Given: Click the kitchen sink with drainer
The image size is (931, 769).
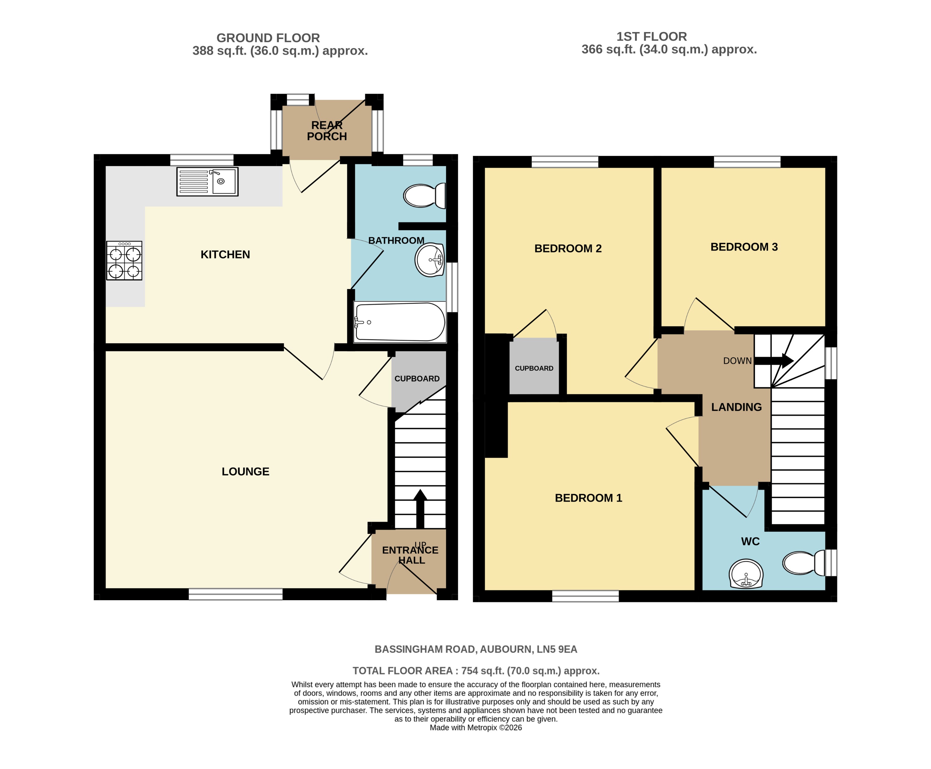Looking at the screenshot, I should (207, 181).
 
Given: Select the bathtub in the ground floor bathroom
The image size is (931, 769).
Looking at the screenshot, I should (399, 322).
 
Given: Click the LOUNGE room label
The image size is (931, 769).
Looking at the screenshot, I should (245, 471).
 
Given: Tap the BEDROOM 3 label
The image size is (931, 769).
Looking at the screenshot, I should (744, 247).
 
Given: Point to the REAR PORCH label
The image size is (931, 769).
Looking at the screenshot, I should (327, 131).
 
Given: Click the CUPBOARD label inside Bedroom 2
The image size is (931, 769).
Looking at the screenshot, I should (534, 368).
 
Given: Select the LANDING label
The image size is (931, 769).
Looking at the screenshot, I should (736, 407).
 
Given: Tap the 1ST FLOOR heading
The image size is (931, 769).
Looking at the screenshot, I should (651, 37).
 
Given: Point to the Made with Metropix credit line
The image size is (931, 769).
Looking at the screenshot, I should (476, 727).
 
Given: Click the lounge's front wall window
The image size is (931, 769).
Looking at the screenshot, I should (236, 594).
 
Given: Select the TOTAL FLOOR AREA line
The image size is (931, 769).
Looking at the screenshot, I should (476, 671).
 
